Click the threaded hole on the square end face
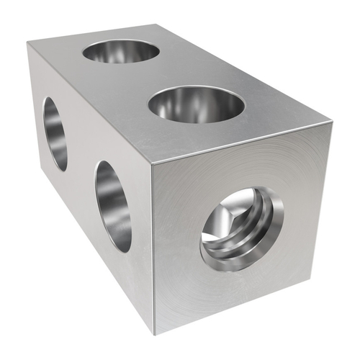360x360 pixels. [x=241, y=228]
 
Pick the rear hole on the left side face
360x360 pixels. [x=55, y=134]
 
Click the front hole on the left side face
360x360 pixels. [x=112, y=206]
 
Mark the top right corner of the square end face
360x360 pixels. [x=332, y=124]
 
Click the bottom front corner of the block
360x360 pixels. [x=155, y=332]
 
